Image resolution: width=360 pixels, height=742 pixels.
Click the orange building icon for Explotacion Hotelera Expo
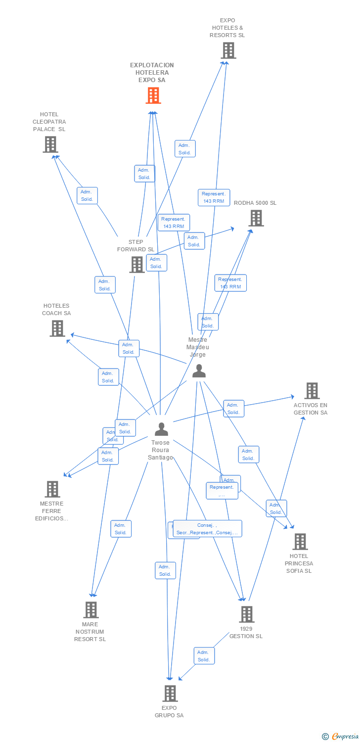(x=153, y=95)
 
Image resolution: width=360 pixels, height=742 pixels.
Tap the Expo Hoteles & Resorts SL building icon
(x=228, y=50)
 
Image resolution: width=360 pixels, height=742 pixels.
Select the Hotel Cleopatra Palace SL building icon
(x=50, y=144)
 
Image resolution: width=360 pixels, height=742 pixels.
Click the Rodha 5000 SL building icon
(x=256, y=218)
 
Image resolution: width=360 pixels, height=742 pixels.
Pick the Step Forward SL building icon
(x=137, y=265)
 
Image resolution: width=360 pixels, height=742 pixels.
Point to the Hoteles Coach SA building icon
(x=57, y=328)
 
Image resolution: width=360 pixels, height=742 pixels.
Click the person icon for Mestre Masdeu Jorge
(x=199, y=371)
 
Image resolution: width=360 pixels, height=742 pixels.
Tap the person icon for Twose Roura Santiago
(x=161, y=429)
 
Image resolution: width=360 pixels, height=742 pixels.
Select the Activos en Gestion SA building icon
(x=312, y=391)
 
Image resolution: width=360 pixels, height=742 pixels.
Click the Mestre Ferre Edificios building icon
(x=52, y=489)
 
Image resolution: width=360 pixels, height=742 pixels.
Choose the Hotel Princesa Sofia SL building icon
(x=300, y=542)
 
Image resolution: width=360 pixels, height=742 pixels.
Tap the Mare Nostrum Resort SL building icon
(x=90, y=610)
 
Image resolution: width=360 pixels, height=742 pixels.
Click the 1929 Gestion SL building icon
(x=246, y=614)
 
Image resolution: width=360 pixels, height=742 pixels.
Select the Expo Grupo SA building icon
(x=170, y=694)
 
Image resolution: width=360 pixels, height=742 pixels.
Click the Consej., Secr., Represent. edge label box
(x=207, y=529)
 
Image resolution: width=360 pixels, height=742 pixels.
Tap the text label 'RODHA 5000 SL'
(x=255, y=203)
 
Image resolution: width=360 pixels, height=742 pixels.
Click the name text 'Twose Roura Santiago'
(x=160, y=450)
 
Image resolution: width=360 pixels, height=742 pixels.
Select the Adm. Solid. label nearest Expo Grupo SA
(x=204, y=656)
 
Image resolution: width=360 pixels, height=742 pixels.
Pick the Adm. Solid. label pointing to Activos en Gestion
(x=233, y=408)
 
